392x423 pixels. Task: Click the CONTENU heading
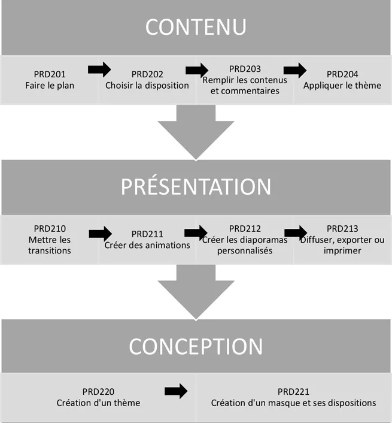[x=196, y=28]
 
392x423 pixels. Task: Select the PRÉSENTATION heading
[x=196, y=187]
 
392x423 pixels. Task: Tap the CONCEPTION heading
[x=196, y=346]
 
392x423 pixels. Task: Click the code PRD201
[x=50, y=74]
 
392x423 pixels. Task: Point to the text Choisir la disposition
[x=147, y=85]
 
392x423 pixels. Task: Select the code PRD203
[x=245, y=69]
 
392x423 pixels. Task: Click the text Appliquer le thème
[x=342, y=85]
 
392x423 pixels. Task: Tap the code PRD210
[x=50, y=228]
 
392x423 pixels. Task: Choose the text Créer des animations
[x=147, y=244]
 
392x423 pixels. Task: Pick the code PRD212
[x=245, y=228]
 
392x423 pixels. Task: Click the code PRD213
[x=342, y=228]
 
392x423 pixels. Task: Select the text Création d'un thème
[x=98, y=403]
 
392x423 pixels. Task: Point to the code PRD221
[x=293, y=392]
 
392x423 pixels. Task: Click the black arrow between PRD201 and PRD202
[x=99, y=70]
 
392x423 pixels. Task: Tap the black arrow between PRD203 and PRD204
[x=295, y=70]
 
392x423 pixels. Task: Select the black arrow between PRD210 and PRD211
[x=100, y=233]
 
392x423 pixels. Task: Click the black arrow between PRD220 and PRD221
[x=175, y=391]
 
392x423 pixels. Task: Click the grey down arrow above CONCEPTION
[x=196, y=292]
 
